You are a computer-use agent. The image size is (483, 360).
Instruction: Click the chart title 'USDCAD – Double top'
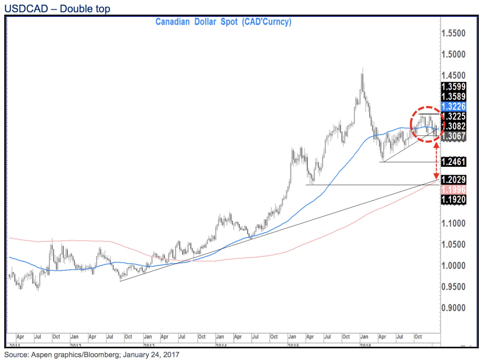(57, 9)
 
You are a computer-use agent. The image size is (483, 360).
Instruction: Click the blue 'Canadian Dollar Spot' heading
(223, 22)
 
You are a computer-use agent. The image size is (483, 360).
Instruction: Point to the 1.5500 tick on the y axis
(454, 34)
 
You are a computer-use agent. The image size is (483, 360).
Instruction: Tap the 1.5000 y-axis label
(454, 54)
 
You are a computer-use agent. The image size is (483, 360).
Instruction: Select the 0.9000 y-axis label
(454, 308)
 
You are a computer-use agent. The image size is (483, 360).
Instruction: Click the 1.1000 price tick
(454, 223)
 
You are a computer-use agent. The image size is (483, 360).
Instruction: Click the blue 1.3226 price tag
(454, 106)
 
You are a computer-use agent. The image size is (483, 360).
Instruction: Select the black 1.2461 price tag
(454, 162)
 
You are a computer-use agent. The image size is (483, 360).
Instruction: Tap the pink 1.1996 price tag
(454, 189)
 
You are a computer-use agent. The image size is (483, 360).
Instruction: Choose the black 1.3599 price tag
(454, 87)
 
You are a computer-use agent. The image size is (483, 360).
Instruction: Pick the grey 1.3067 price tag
(454, 136)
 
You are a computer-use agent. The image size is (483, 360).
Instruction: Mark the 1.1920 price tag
(454, 199)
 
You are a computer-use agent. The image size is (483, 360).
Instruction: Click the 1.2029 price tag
(454, 180)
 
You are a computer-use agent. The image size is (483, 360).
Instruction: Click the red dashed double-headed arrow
(436, 161)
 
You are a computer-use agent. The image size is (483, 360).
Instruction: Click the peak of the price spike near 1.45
(362, 68)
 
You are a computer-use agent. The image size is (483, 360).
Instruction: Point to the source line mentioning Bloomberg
(92, 355)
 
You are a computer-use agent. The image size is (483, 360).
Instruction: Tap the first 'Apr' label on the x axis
(20, 336)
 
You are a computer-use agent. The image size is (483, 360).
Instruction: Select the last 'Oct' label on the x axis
(418, 336)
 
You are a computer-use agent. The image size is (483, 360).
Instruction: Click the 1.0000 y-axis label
(454, 265)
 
